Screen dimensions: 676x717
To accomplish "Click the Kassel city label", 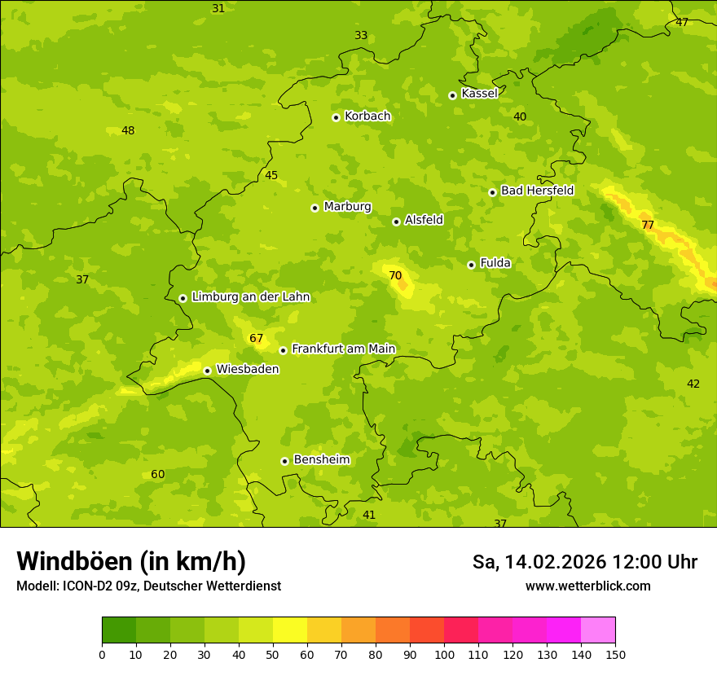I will click(479, 94).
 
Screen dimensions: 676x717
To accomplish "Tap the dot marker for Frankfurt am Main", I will click(283, 350).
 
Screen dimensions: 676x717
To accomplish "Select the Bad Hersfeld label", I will click(537, 191).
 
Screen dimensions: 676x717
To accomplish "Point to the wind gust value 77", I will click(648, 225).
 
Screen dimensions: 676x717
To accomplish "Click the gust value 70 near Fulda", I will click(395, 275).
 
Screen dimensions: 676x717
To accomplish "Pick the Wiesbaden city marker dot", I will click(207, 371).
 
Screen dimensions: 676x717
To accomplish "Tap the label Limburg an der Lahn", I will click(250, 297).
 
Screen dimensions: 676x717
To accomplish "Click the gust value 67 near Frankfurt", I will click(257, 338).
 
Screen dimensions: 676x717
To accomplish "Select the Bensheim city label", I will click(321, 459).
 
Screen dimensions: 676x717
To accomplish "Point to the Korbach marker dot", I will click(336, 117).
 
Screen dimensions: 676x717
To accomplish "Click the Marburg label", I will click(347, 207).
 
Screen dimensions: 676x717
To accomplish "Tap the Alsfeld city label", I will click(424, 220).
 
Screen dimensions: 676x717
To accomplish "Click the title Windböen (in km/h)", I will click(131, 561).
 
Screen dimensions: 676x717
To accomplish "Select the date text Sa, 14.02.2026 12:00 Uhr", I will click(584, 562).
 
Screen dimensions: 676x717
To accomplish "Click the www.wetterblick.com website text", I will click(587, 586).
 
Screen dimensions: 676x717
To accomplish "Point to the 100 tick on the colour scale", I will click(444, 654).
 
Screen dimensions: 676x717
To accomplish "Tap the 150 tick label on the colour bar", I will click(615, 654).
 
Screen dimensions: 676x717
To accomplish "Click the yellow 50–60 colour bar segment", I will click(290, 630).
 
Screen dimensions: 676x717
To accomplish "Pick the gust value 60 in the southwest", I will click(158, 474).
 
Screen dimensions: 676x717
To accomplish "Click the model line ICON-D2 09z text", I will click(148, 586).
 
